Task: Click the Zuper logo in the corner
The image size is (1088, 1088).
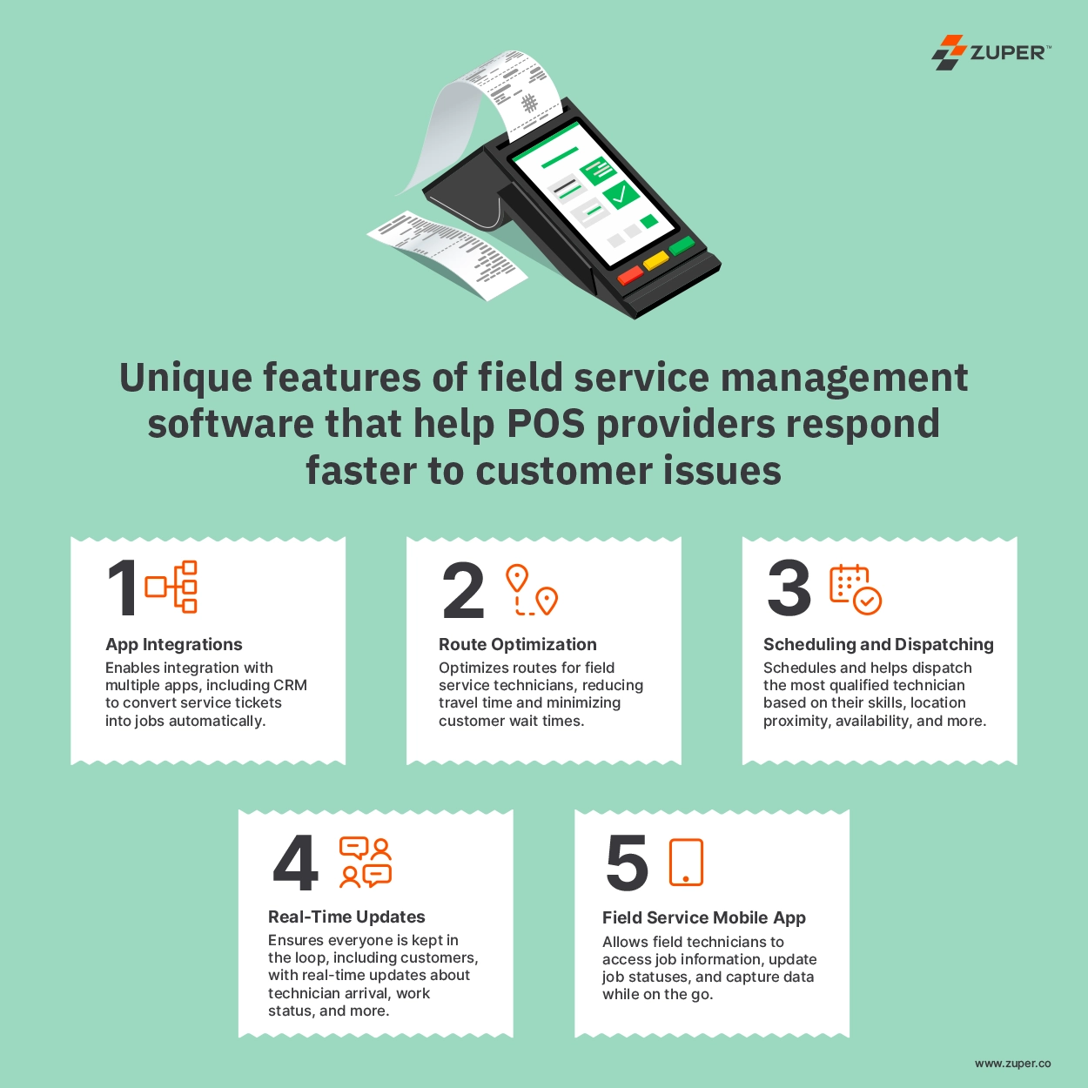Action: point(991,52)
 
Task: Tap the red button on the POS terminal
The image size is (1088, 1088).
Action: point(630,275)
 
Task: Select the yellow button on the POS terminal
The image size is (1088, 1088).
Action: point(656,260)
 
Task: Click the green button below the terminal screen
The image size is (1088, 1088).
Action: point(682,246)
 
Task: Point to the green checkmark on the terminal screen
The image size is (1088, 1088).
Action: point(620,195)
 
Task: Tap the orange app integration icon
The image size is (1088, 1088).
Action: point(171,587)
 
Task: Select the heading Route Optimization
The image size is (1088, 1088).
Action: point(517,644)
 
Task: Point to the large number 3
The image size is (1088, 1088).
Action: point(789,588)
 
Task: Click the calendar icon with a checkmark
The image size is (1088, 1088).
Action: point(856,589)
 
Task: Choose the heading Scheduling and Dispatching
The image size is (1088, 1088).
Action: point(878,644)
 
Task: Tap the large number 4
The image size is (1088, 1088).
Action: point(295,863)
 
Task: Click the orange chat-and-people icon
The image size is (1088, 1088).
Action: point(366,863)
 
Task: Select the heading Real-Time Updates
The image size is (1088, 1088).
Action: point(346,917)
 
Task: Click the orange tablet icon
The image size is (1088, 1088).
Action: point(686,863)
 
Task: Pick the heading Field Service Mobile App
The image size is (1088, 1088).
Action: point(703,918)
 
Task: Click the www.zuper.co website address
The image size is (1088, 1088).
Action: point(1013,1063)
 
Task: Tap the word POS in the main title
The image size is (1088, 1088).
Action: point(546,424)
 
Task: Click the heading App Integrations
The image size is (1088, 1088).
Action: point(174,644)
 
